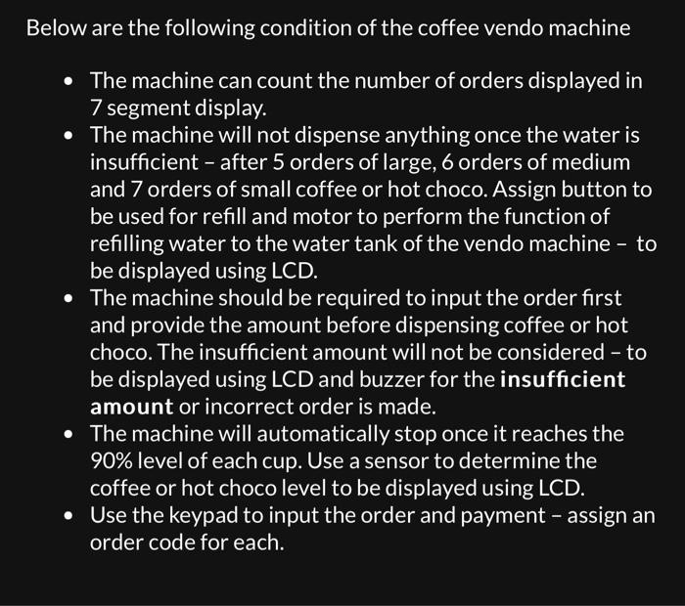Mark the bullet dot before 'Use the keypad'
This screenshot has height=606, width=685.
(67, 515)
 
